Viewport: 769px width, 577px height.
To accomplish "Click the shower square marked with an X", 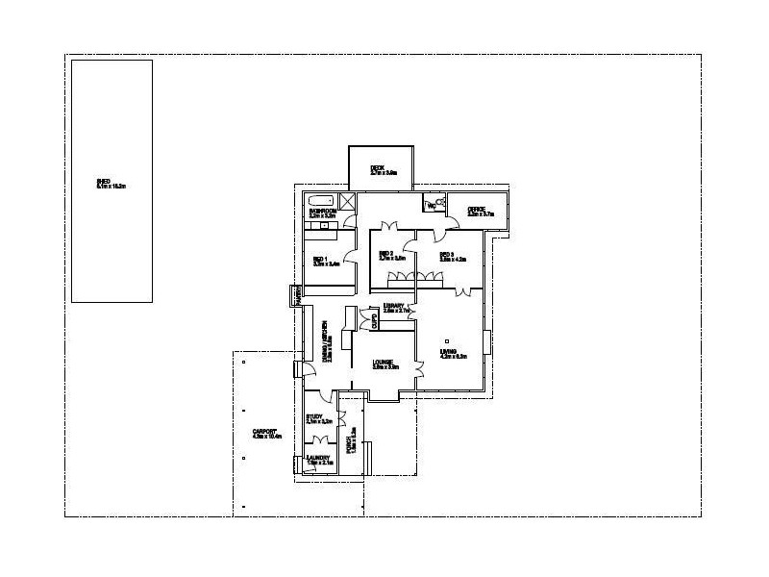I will click(348, 201).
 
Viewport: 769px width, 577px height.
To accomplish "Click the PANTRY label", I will click(298, 297).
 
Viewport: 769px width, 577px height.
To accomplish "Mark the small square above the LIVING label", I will click(447, 339).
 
